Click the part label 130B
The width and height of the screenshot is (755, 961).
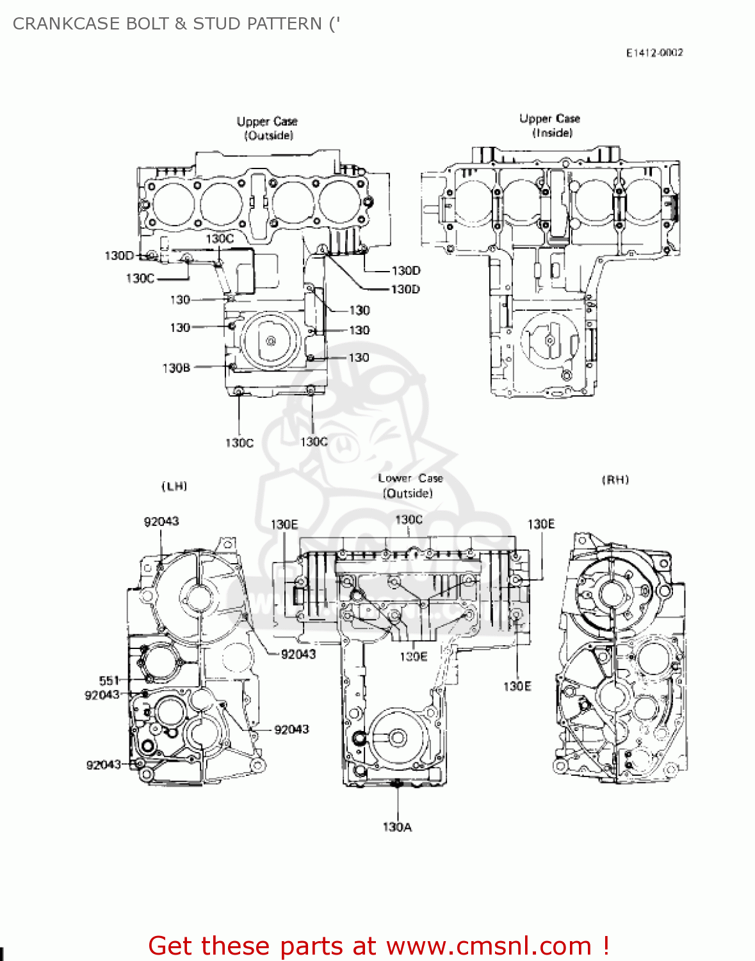point(176,368)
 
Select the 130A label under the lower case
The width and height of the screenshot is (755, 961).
point(397,827)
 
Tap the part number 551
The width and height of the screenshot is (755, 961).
point(109,680)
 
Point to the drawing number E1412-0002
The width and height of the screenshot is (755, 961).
point(654,53)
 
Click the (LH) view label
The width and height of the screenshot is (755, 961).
point(174,486)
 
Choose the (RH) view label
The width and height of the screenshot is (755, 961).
point(615,480)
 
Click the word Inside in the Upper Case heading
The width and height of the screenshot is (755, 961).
point(552,133)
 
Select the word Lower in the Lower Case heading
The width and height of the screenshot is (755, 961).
point(394,478)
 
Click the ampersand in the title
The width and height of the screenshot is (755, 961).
point(181,24)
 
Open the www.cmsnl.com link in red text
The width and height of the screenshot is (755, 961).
point(489,946)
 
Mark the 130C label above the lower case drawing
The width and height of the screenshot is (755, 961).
point(409,520)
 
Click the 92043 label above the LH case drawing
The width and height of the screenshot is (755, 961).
point(161,522)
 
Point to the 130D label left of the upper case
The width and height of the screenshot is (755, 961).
point(119,256)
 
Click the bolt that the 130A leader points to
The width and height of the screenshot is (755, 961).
point(398,783)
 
